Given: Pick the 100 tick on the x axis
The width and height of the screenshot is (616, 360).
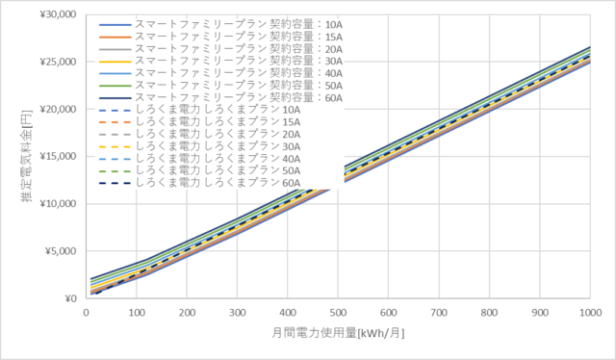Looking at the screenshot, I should coord(137,313).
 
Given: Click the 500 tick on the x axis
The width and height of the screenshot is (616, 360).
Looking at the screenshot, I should coord(339,313).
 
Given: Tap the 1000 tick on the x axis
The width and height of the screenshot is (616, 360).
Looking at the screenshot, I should coord(589,313).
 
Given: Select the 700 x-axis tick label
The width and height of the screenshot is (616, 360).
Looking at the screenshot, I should coord(440,313).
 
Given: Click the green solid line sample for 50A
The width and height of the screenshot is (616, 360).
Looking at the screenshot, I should coord(115,85).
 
